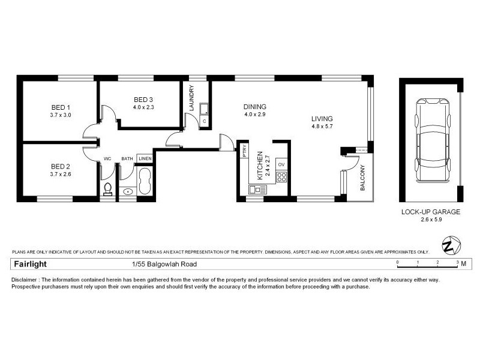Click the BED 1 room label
coord(61,107)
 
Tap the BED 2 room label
coord(61,166)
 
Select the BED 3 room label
coord(143,100)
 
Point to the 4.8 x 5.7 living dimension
coord(322,127)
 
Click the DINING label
coord(254,107)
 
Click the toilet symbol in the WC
coord(108,190)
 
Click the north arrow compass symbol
coord(450,245)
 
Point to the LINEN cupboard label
coord(145,158)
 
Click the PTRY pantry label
coord(244,151)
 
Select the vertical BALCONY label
coord(362,178)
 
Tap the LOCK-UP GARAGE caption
coord(430,212)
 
